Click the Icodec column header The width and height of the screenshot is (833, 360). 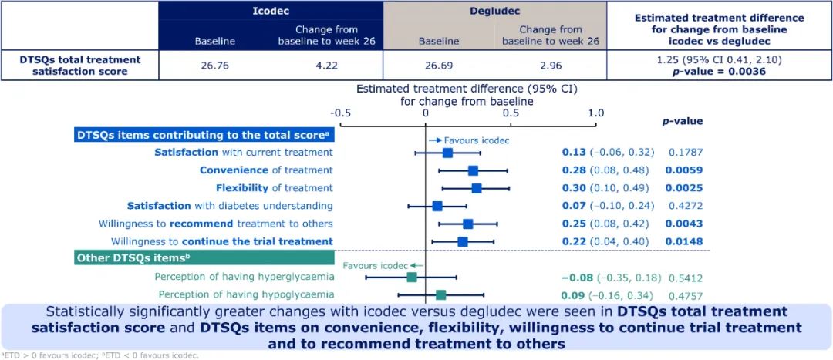pos(271,10)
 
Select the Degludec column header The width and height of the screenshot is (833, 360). pos(494,10)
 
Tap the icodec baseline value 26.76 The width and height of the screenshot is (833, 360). pos(214,66)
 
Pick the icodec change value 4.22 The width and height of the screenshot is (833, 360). pos(325,66)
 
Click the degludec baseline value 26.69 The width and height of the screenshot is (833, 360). pos(438,66)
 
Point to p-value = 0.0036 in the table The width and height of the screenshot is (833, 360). pos(720,71)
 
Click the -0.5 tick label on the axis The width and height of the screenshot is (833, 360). pos(339,113)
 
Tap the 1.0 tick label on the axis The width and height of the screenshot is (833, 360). pos(596,113)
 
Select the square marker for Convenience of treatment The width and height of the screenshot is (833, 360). pos(473,170)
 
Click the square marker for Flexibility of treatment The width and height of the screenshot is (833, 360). pos(477,188)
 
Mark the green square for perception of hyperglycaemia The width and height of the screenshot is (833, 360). pos(412,278)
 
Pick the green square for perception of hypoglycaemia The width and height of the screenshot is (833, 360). pos(441,294)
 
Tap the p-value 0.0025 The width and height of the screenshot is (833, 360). pos(684,188)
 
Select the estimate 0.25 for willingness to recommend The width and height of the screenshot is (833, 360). pos(574,224)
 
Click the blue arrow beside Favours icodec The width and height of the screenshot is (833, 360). pos(435,141)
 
